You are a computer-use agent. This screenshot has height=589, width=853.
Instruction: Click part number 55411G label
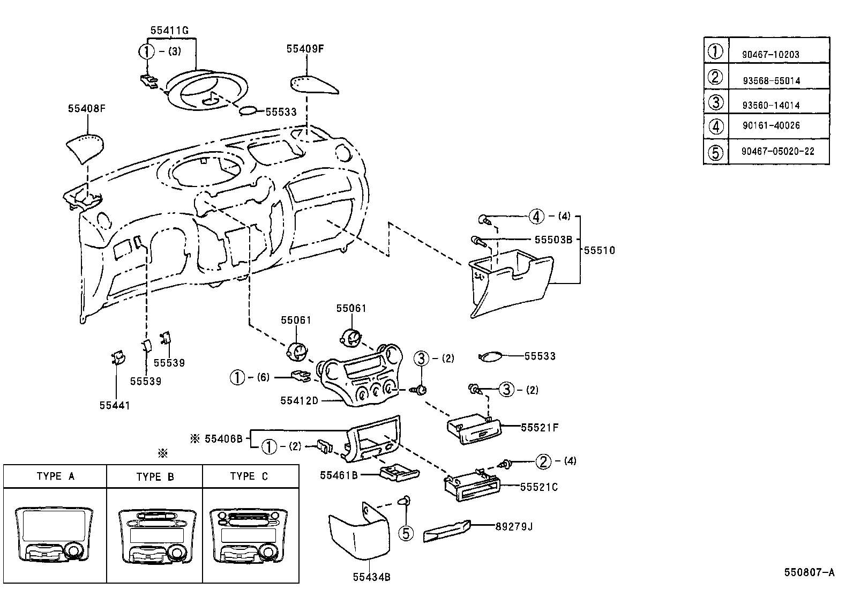[169, 31]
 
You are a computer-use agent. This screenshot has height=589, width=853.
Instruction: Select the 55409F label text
[305, 49]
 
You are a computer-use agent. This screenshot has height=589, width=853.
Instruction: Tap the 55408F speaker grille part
[84, 148]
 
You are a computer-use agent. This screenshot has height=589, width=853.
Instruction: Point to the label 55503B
[553, 240]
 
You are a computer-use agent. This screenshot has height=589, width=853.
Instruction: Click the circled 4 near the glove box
[536, 217]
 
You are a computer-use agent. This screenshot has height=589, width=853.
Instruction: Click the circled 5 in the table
[715, 152]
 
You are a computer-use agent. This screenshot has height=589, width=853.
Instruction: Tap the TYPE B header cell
[155, 476]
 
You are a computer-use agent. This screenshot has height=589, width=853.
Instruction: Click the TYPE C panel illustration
[250, 536]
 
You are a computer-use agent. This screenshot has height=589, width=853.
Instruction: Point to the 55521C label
[538, 487]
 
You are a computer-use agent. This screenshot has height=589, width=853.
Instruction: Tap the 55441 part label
[115, 405]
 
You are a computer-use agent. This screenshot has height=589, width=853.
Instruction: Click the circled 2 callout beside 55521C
[543, 461]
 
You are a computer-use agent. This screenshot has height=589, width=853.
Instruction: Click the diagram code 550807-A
[809, 572]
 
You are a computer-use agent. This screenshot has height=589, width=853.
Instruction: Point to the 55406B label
[223, 439]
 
